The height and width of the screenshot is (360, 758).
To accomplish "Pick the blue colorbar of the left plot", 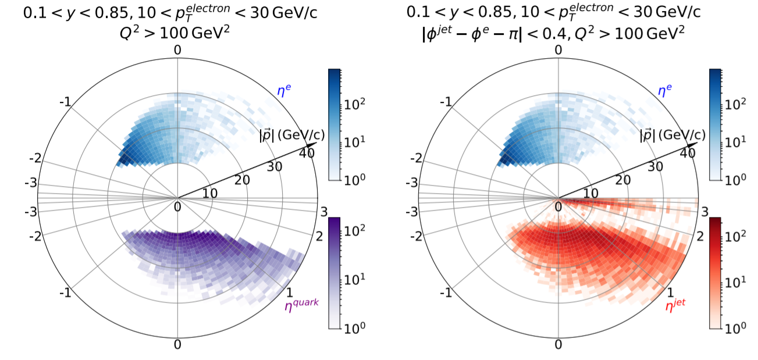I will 334,124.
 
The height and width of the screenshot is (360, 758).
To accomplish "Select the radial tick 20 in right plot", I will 624,180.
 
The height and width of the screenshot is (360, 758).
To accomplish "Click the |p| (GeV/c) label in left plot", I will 292,135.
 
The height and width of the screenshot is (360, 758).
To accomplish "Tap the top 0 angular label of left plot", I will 177,50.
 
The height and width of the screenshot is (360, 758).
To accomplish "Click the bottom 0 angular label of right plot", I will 558,344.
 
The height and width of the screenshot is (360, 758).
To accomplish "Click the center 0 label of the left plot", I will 177,206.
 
